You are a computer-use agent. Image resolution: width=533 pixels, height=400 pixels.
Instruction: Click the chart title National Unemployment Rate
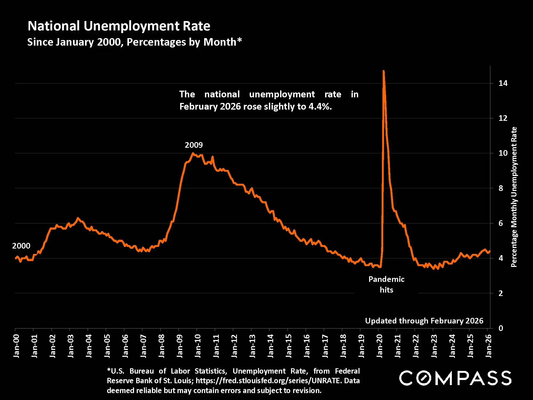[119, 26]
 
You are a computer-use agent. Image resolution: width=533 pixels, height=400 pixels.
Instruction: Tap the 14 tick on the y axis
[503, 83]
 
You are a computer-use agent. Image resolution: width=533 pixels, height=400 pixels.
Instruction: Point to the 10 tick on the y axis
[503, 153]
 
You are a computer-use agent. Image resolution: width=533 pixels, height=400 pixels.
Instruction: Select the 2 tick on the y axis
[501, 293]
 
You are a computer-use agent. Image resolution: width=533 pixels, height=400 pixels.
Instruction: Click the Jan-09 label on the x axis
[180, 346]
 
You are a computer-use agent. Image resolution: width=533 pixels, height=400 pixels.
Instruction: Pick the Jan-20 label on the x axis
[379, 346]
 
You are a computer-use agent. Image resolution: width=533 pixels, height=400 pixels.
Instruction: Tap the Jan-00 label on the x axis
[17, 346]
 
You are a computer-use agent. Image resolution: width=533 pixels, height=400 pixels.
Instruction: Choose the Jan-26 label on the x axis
[488, 346]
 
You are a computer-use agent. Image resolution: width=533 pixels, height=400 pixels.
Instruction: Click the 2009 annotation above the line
[194, 145]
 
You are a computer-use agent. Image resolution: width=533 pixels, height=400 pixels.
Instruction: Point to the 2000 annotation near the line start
[21, 246]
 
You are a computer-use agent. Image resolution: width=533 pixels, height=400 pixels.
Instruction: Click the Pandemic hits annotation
[386, 285]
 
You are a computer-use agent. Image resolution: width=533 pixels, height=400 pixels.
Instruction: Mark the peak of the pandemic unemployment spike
[383, 71]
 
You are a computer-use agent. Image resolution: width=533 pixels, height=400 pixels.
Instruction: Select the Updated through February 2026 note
[424, 321]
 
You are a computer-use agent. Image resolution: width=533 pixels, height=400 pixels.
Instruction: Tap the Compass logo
[455, 378]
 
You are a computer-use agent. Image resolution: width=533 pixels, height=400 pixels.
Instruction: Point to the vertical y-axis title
[514, 197]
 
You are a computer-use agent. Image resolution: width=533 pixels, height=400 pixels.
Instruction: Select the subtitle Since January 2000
[134, 42]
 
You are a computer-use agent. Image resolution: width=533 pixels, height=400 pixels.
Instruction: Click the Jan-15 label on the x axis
[289, 346]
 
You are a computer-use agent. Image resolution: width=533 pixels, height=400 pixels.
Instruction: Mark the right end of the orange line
[490, 251]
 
